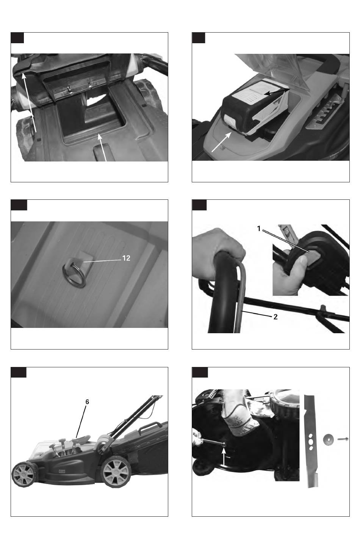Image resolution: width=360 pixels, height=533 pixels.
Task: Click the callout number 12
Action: tap(126, 258)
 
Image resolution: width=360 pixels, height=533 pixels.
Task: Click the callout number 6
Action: tap(87, 402)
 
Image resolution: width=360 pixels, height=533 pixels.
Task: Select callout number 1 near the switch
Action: tap(259, 229)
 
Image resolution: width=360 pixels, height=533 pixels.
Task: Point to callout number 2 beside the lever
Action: tap(275, 317)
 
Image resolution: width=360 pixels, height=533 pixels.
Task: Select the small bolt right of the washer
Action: tap(343, 439)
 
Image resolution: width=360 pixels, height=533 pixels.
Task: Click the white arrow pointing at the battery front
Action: tap(221, 142)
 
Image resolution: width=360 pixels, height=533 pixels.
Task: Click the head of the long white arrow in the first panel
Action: tap(23, 76)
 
